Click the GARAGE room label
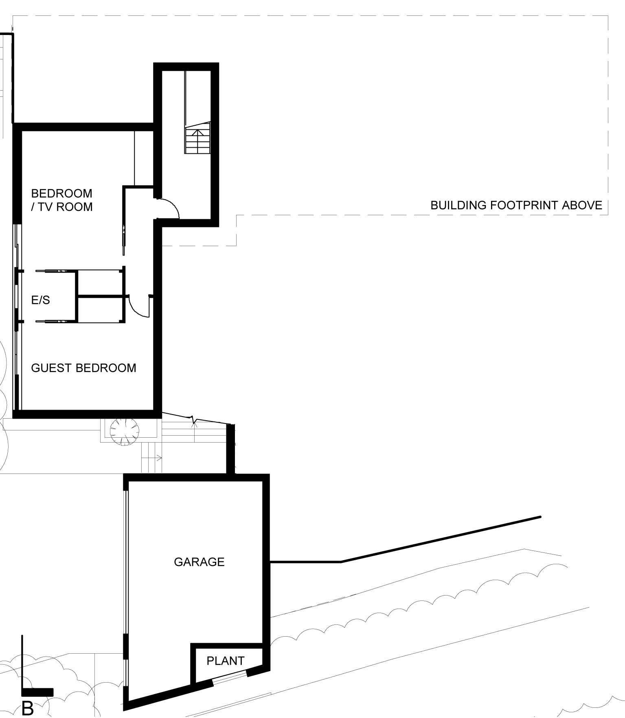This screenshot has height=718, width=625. click(x=199, y=562)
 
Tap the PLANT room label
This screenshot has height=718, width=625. click(x=226, y=661)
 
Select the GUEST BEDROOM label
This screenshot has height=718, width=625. click(x=84, y=368)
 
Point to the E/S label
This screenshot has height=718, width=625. click(x=41, y=300)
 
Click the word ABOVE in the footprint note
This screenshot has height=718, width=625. click(x=582, y=205)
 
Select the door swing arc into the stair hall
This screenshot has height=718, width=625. click(x=171, y=205)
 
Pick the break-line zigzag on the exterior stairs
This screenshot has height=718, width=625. click(x=193, y=420)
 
